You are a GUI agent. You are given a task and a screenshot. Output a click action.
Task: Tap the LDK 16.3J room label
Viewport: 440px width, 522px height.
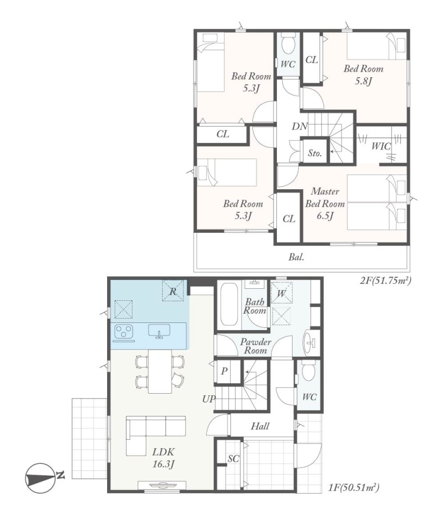[x=164, y=458]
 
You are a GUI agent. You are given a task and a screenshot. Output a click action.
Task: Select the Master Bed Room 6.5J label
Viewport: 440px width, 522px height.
[x=325, y=204]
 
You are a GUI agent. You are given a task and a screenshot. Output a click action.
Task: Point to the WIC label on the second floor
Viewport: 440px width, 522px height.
[x=381, y=146]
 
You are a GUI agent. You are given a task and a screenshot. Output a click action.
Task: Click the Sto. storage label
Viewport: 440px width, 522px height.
[x=315, y=153]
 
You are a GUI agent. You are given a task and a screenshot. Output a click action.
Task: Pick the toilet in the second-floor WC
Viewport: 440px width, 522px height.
[x=288, y=45]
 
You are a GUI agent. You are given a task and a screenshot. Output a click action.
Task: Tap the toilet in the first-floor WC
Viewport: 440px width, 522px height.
[x=308, y=372]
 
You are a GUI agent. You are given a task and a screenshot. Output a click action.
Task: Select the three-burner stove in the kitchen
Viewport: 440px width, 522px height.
[x=124, y=332]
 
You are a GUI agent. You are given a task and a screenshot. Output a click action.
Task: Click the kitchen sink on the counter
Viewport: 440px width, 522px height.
[x=159, y=331]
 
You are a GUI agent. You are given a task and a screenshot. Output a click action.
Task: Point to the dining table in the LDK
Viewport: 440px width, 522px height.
[x=160, y=371]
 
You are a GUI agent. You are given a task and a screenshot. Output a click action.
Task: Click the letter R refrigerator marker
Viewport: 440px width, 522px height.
[x=173, y=291]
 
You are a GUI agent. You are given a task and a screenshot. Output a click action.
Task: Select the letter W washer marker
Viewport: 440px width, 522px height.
[x=281, y=293]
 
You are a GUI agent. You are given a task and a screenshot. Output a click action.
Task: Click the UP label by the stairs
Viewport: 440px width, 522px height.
[x=209, y=399]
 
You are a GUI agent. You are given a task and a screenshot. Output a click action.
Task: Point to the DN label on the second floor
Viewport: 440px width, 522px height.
[x=300, y=126]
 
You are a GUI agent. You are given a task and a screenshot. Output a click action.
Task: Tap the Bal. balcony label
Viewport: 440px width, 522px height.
[x=296, y=257]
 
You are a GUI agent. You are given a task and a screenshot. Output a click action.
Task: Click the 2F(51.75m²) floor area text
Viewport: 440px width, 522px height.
[x=386, y=281]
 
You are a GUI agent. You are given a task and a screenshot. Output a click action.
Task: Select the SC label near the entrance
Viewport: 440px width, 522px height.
[x=233, y=458]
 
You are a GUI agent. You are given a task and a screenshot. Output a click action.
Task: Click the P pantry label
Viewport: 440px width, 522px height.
[x=224, y=371]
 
